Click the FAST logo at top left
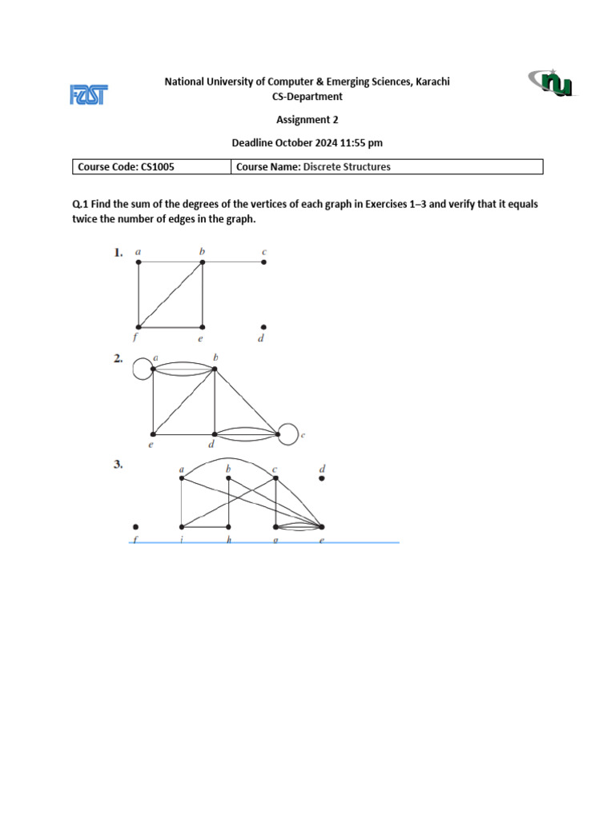(x=89, y=95)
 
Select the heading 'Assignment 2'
(x=307, y=120)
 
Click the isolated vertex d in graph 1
(x=264, y=326)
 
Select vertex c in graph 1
(x=264, y=262)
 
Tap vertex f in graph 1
(x=139, y=326)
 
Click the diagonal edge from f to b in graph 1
(x=171, y=294)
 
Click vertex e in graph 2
(x=152, y=435)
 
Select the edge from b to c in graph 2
(x=247, y=402)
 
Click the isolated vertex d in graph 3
(x=322, y=478)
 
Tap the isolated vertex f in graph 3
(x=136, y=526)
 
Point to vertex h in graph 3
(x=229, y=526)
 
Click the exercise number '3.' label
(x=119, y=464)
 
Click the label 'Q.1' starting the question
(x=80, y=204)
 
